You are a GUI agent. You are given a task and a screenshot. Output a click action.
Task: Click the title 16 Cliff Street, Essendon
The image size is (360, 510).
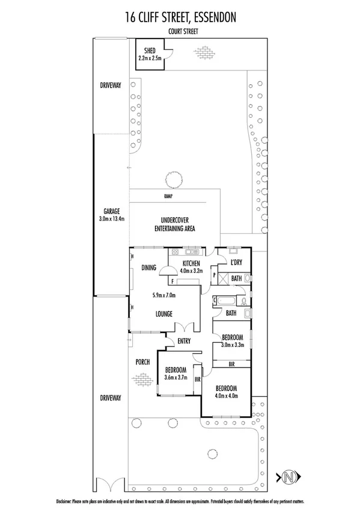[x=180, y=17]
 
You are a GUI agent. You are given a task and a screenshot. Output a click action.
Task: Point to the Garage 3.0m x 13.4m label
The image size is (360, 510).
[x=111, y=215]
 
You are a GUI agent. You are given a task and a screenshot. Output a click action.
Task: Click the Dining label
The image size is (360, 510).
[x=148, y=268]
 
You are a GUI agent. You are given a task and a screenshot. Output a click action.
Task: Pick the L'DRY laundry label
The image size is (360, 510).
[x=236, y=263]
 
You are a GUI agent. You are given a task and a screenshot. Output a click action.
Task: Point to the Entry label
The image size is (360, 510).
[x=183, y=342]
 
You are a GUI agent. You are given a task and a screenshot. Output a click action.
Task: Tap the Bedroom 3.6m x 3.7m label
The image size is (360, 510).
[x=175, y=373]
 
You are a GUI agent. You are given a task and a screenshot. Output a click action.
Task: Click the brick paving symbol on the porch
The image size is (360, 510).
[x=143, y=379]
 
